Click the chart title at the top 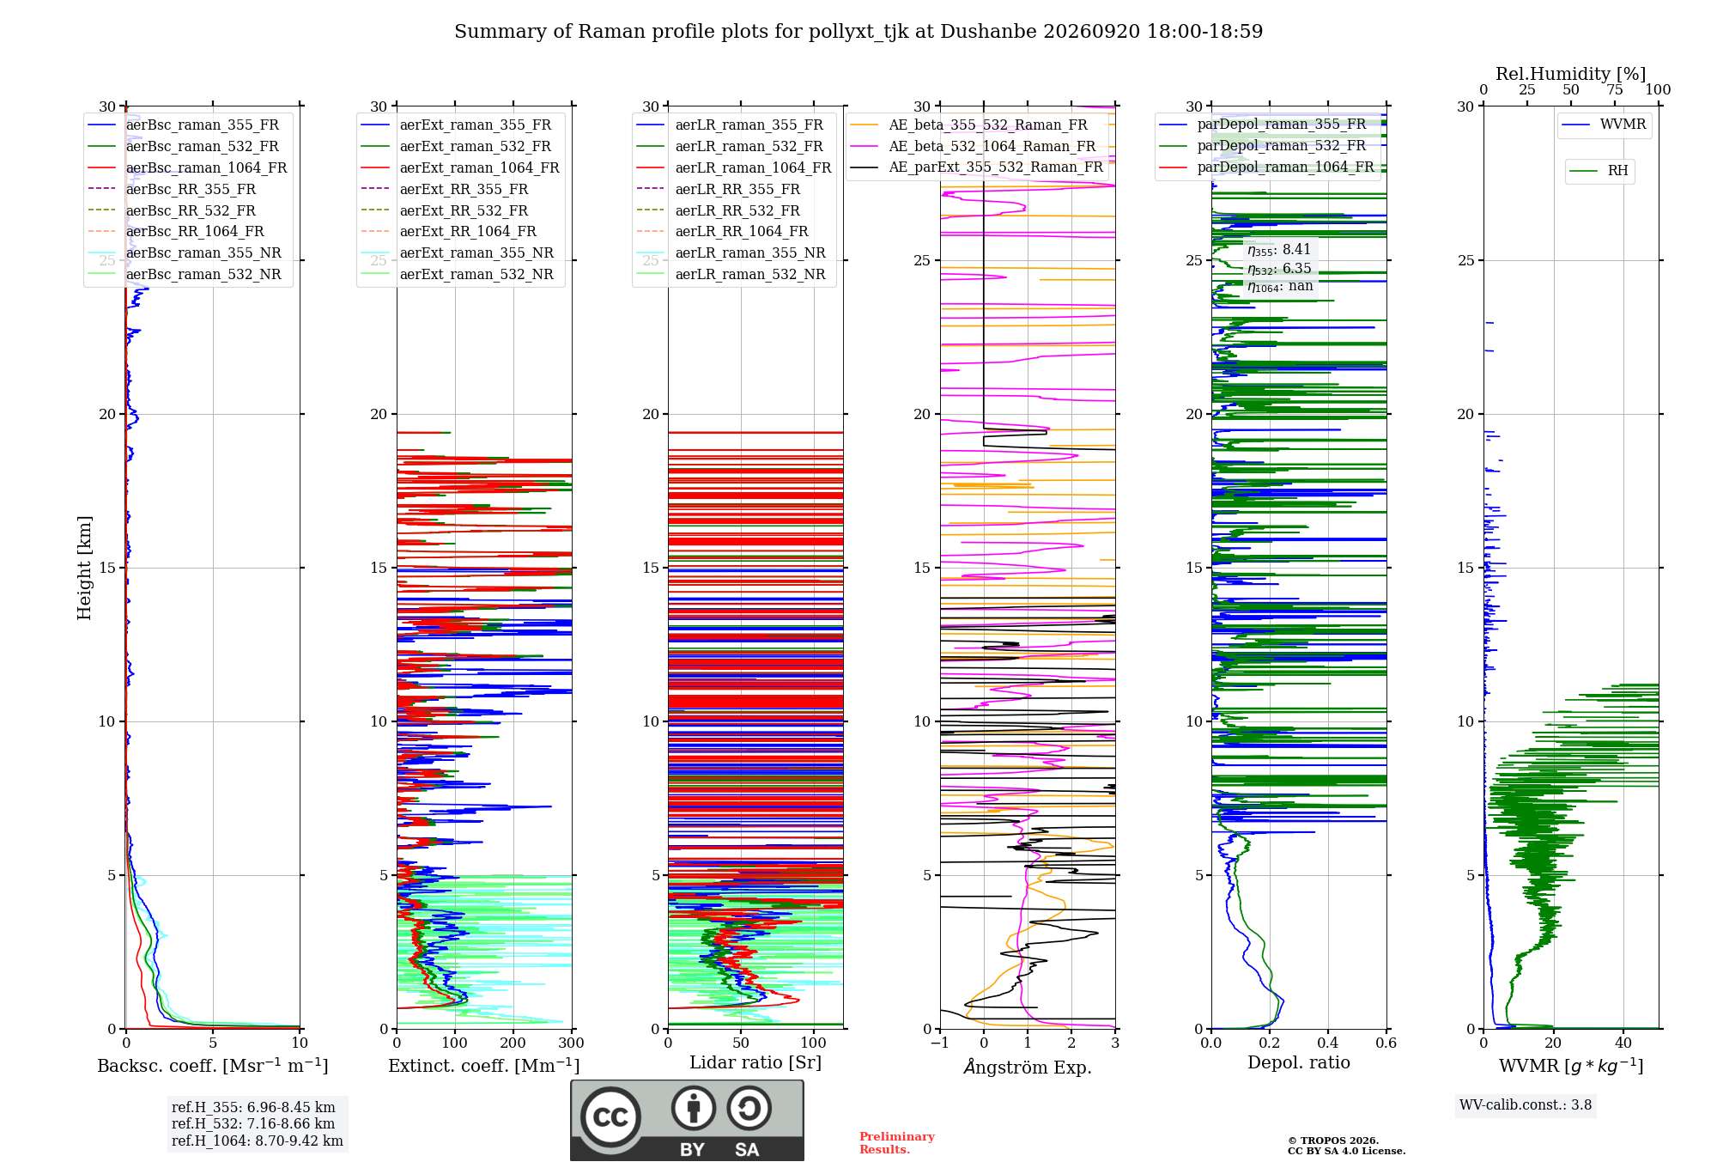click(858, 32)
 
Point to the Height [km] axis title click(84, 568)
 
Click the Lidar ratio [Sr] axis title click(755, 1062)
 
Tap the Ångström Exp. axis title click(1028, 1067)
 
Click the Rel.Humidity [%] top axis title click(1571, 74)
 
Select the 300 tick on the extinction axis click(572, 1043)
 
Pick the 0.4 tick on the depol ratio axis click(1328, 1043)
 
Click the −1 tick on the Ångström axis click(940, 1043)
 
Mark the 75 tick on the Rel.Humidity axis click(1615, 90)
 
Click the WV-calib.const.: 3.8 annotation click(1526, 1105)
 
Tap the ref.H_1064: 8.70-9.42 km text click(258, 1141)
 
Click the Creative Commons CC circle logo click(610, 1117)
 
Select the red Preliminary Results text click(897, 1143)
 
